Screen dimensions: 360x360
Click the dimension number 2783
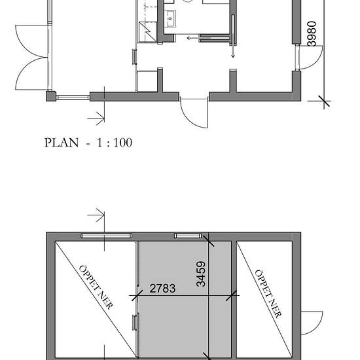point(162,288)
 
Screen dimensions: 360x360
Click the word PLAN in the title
point(61,142)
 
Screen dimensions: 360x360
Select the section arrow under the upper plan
point(96,118)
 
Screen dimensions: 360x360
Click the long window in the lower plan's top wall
point(107,235)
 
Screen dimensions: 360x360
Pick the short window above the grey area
point(186,235)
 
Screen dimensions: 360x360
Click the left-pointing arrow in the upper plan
point(194,38)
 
